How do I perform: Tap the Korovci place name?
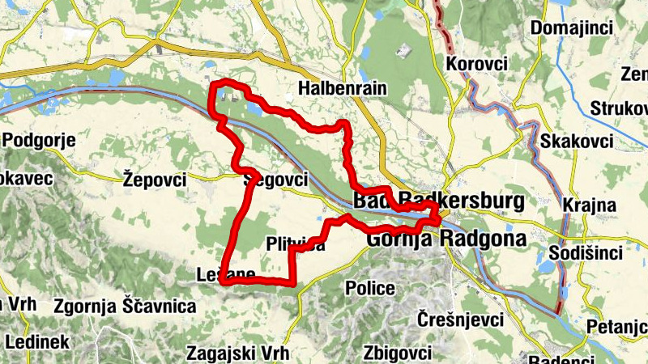[476, 63]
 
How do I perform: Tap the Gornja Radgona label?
[446, 239]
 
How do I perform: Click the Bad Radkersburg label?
[437, 201]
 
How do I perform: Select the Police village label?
[369, 288]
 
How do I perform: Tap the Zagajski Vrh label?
[237, 353]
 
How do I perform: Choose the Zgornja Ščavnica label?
[125, 306]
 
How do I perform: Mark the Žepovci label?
[156, 179]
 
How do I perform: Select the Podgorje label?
[39, 140]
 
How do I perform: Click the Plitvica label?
[295, 243]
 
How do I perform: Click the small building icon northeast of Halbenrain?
[401, 50]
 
